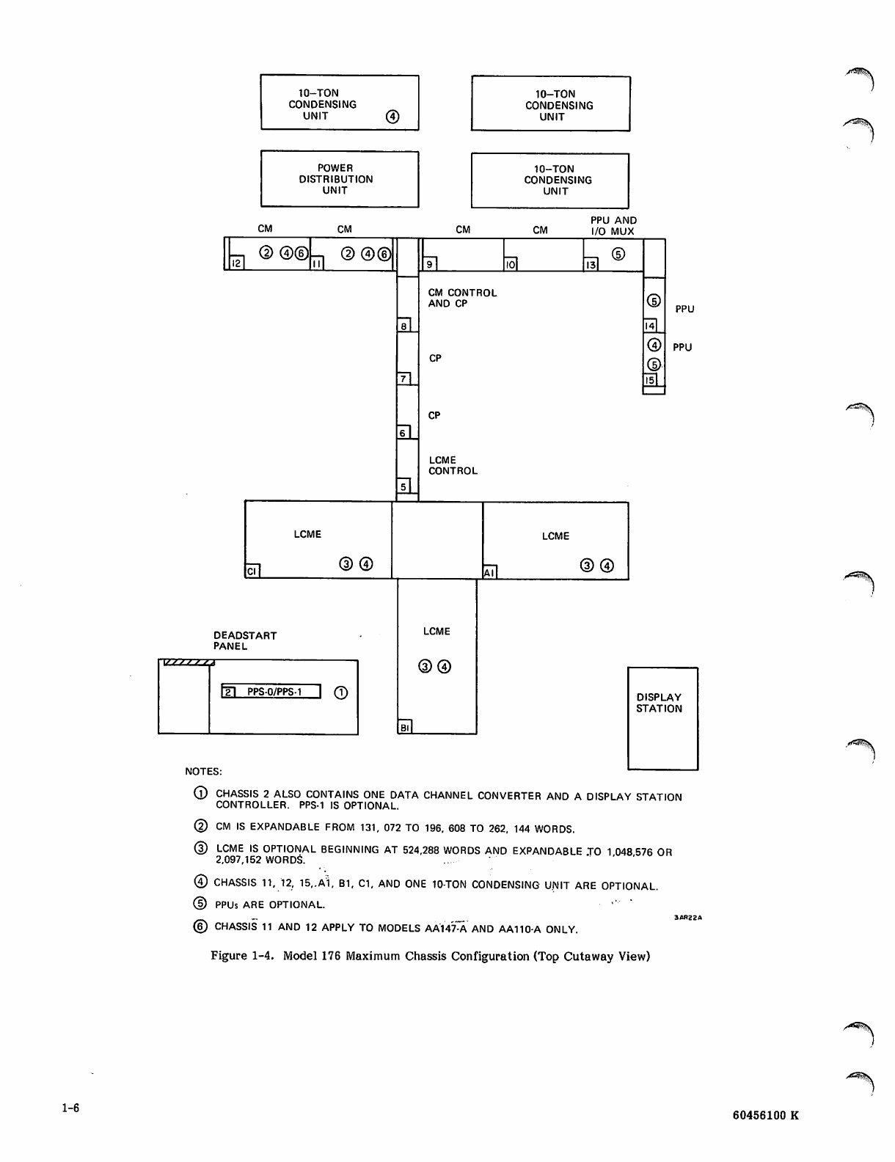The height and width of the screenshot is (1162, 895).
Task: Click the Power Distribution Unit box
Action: pos(339,179)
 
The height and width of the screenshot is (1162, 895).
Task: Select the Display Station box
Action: pos(662,718)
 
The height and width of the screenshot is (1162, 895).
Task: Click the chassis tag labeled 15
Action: pos(649,380)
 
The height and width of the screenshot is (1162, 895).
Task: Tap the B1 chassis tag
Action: pos(404,727)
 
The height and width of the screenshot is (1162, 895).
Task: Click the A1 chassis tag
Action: pos(489,572)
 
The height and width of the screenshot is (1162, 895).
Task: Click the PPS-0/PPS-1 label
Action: pos(275,692)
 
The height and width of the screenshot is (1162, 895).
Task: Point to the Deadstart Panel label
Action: pos(245,640)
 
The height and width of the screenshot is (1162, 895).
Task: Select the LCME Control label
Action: pos(453,466)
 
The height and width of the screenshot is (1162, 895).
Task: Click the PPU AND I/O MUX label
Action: pos(613,226)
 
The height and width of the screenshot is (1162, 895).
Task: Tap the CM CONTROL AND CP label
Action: pos(462,298)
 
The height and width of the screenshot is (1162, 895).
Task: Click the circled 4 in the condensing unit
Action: pos(392,117)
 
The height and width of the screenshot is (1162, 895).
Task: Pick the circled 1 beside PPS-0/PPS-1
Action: pos(340,692)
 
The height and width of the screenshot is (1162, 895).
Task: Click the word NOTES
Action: pos(203,771)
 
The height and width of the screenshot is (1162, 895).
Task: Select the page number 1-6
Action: pos(70,1108)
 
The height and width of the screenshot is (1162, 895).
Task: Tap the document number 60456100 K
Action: pos(765,1116)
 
